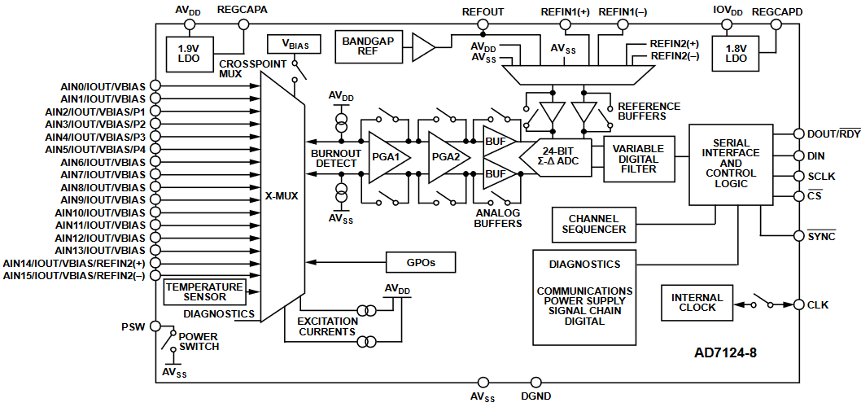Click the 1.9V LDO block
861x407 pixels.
pos(189,53)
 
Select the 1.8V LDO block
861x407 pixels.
pos(736,53)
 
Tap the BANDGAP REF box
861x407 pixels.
pos(367,47)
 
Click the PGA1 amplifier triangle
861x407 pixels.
pos(386,155)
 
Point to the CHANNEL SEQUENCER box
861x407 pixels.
pos(593,224)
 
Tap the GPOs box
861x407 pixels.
pos(420,262)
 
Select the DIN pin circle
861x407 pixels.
pos(798,155)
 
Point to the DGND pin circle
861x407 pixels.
pos(535,382)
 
